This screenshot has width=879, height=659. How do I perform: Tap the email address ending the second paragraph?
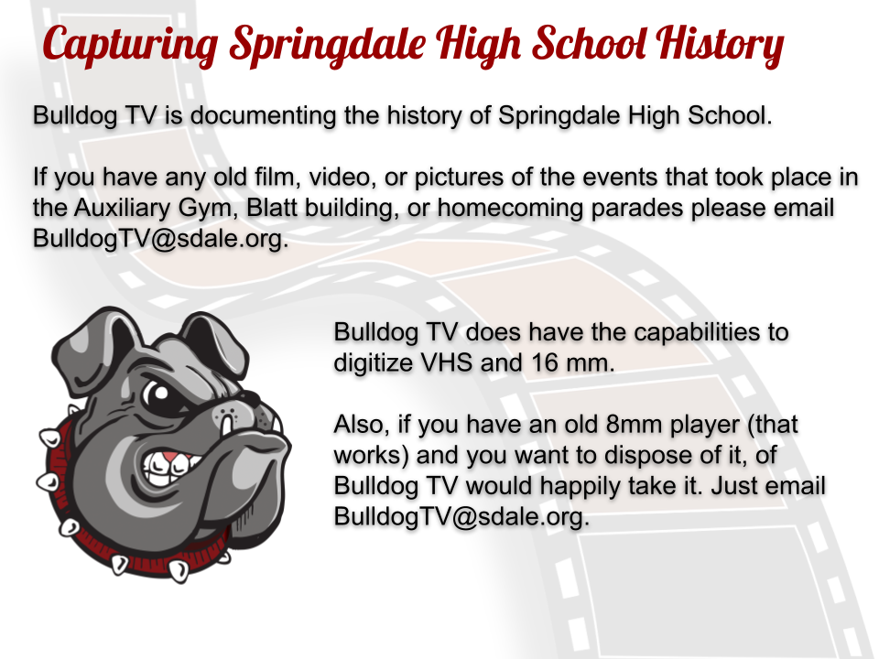(160, 238)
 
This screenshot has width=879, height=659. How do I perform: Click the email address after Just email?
(461, 516)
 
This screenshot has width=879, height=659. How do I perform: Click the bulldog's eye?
(158, 394)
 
